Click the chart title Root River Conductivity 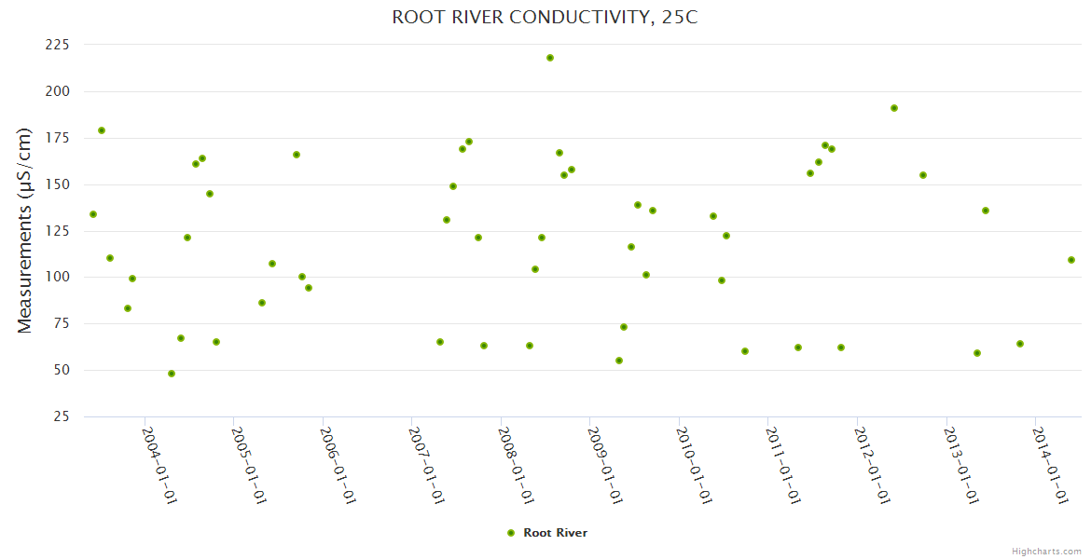click(545, 18)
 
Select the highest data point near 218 click(550, 58)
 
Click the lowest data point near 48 click(172, 374)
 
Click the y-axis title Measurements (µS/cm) click(25, 230)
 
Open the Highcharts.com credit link click(1046, 552)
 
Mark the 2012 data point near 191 click(894, 108)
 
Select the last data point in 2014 click(1071, 260)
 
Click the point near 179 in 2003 click(102, 130)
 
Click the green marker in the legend click(511, 533)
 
